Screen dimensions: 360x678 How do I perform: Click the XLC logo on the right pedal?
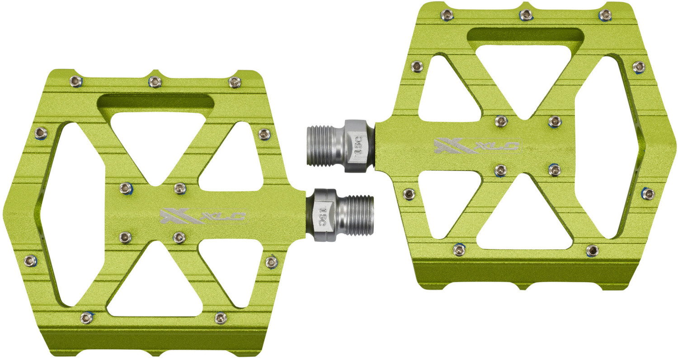click(x=476, y=146)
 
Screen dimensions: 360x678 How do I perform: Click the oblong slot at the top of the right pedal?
click(x=524, y=35)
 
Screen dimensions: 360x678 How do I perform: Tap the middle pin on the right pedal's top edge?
click(x=525, y=15)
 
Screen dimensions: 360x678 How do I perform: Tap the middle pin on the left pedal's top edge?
click(x=155, y=81)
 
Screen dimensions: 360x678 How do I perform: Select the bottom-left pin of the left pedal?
click(x=86, y=317)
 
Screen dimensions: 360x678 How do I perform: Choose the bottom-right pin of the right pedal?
click(x=592, y=250)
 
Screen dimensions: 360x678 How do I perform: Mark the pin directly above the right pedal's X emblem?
click(x=500, y=121)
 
